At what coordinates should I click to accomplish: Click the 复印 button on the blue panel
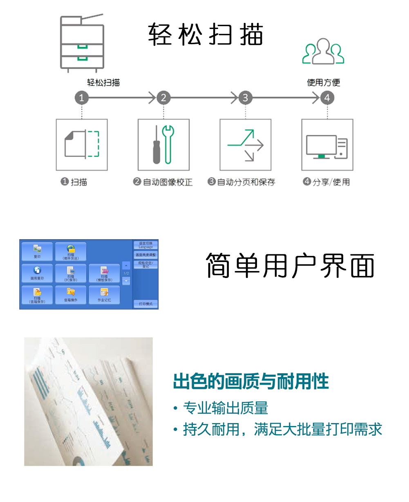click(37, 251)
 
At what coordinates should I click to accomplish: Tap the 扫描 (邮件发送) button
click(71, 251)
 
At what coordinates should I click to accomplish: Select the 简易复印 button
click(37, 273)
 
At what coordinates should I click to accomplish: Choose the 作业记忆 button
click(104, 295)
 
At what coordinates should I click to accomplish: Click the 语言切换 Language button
click(145, 245)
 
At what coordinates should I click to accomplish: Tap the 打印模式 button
click(145, 304)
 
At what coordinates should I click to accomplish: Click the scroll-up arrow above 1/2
click(126, 265)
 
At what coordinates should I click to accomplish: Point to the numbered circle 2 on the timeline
click(163, 98)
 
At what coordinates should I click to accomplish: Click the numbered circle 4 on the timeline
click(327, 98)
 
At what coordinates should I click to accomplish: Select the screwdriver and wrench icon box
click(163, 145)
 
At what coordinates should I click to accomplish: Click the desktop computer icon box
click(327, 145)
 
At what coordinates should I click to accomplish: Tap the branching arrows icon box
click(245, 145)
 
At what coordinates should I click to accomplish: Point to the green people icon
click(323, 52)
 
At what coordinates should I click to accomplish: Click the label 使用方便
click(324, 83)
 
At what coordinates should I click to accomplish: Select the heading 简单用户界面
click(290, 266)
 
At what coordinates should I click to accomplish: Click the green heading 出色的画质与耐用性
click(251, 381)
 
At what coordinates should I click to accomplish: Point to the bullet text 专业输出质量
click(225, 408)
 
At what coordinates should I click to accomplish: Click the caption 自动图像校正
click(168, 182)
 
